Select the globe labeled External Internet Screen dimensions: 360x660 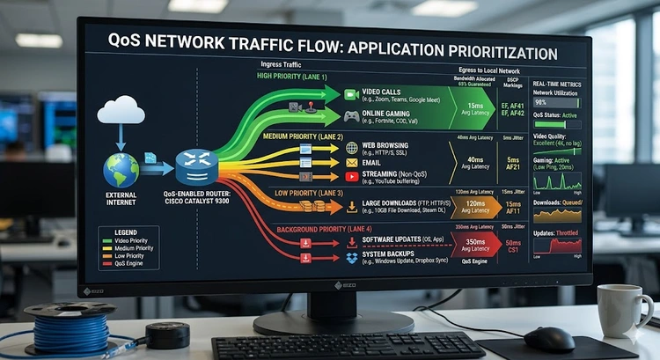[121, 169]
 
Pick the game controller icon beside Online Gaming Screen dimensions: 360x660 [351, 116]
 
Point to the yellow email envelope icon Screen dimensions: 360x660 [351, 163]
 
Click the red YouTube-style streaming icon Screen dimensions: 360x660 [351, 177]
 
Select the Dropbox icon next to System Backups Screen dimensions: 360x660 [351, 256]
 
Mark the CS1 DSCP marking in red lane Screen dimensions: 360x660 [513, 251]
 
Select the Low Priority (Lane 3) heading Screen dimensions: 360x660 [303, 192]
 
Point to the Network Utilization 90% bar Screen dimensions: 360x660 [556, 102]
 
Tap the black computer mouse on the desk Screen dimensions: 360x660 [549, 338]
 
